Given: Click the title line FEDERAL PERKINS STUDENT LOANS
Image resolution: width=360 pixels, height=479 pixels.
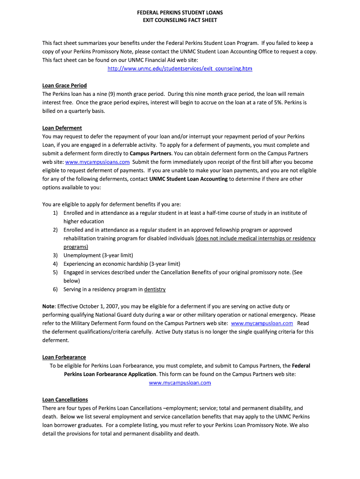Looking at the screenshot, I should pyautogui.click(x=180, y=12).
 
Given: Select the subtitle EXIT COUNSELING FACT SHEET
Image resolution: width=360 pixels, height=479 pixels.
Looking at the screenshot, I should pyautogui.click(x=180, y=21).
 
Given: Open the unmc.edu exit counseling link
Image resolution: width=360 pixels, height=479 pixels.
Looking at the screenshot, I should pyautogui.click(x=180, y=69).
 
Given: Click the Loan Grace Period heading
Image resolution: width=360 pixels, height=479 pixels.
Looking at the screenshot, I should pyautogui.click(x=65, y=86).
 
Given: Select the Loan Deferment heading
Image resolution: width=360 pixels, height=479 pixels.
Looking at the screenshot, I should pyautogui.click(x=62, y=128).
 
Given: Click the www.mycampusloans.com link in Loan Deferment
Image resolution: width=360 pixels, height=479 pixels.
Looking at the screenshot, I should pyautogui.click(x=97, y=162).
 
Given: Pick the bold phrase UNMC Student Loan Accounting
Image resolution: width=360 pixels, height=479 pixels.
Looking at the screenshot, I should pyautogui.click(x=188, y=179).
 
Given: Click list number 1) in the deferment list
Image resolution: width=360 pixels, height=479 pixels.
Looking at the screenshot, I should pyautogui.click(x=55, y=213).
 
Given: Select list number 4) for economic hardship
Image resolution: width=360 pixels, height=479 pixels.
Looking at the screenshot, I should pyautogui.click(x=55, y=264).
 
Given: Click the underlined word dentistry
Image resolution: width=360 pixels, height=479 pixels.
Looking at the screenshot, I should pyautogui.click(x=155, y=290).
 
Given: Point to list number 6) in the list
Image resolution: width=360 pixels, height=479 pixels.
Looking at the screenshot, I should pyautogui.click(x=55, y=290).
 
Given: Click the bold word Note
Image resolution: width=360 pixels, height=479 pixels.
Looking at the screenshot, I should pyautogui.click(x=49, y=306).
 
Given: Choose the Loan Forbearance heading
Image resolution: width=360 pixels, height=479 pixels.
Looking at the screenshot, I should pyautogui.click(x=64, y=357).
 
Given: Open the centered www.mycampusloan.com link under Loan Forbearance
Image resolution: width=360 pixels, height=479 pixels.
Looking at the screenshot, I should pyautogui.click(x=180, y=383).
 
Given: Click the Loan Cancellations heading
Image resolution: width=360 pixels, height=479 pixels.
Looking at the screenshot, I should pyautogui.click(x=65, y=400).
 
